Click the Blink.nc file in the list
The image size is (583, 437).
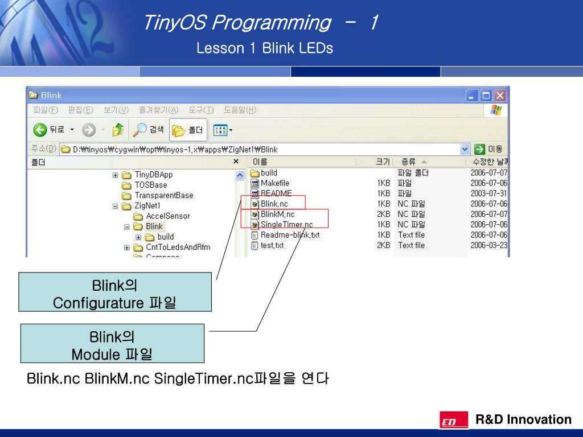point(274,204)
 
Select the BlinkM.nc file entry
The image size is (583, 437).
point(277,214)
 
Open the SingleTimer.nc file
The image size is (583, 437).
point(286,225)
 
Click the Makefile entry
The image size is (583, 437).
point(274,183)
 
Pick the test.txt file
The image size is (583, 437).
point(272,245)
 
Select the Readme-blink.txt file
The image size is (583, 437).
point(290,235)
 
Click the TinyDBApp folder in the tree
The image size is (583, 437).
point(153,175)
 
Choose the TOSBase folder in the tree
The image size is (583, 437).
point(150,185)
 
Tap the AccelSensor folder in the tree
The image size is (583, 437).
point(167,216)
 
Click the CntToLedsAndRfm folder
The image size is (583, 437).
point(178,248)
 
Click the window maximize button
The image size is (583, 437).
point(486,96)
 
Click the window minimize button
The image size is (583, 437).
point(473,96)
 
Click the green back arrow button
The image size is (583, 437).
point(40,130)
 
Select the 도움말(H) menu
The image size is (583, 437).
point(240,110)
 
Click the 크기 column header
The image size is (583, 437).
point(383,162)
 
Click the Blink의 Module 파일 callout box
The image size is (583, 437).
point(112,343)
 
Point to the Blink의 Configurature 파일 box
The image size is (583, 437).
point(114,292)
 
